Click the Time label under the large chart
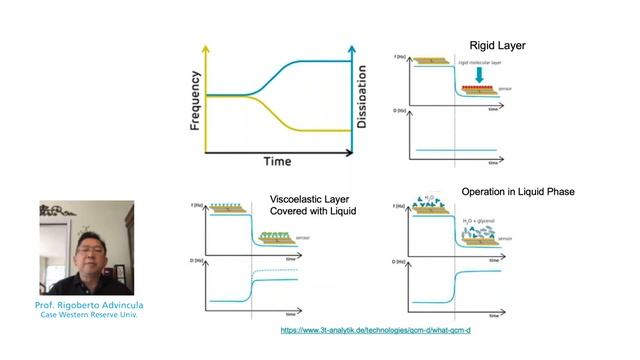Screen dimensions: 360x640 click(277, 161)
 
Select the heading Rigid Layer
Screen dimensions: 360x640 click(497, 45)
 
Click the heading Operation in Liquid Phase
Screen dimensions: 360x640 click(518, 191)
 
